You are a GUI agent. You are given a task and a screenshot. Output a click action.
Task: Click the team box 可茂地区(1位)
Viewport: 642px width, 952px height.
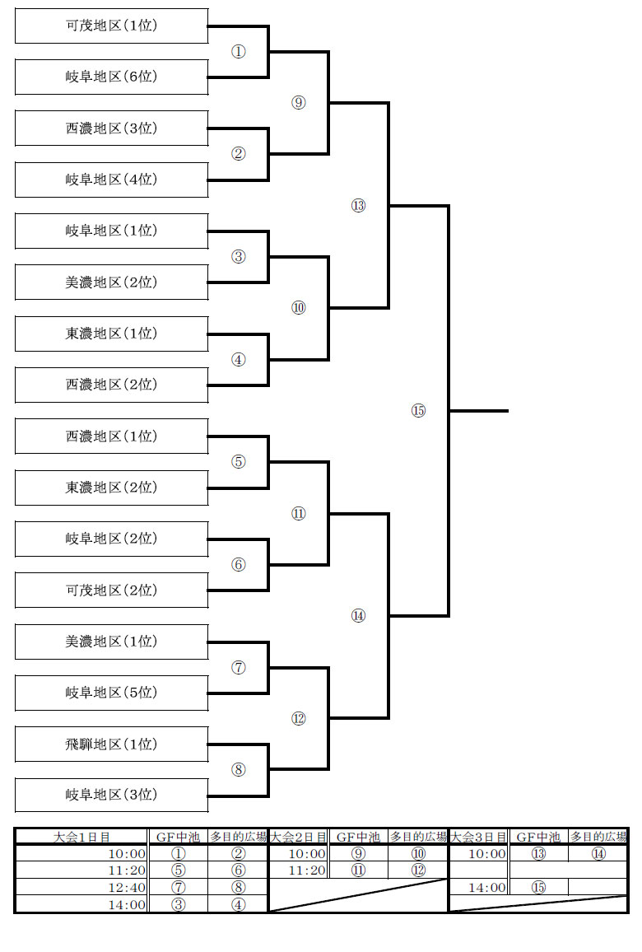(112, 26)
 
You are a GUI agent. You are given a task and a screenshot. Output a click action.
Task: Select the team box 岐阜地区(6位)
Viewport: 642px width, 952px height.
(112, 77)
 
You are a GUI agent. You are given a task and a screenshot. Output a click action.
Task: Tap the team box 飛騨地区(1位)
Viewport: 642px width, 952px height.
(112, 744)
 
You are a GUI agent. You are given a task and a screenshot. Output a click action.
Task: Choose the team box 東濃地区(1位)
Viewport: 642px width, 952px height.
(112, 334)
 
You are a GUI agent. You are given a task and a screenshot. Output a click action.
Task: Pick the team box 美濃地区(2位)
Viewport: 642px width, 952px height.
(112, 282)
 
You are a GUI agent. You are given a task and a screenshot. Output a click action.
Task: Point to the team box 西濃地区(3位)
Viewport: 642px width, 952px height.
(112, 128)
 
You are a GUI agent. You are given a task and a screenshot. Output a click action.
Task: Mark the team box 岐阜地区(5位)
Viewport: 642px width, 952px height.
(112, 693)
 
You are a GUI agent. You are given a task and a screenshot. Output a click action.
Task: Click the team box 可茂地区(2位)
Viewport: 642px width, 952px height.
(112, 590)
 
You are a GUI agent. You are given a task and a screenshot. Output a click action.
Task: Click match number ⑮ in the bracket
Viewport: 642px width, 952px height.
(419, 411)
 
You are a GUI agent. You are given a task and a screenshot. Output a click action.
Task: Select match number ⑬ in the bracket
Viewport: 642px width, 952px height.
(359, 206)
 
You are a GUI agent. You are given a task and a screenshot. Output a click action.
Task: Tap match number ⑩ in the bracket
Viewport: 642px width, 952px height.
(299, 308)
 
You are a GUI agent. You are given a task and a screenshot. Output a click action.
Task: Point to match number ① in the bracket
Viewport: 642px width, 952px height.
(239, 52)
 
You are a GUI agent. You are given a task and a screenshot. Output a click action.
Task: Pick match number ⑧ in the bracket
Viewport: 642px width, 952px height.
(239, 770)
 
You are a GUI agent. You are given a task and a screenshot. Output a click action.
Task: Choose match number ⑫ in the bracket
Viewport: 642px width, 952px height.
(299, 719)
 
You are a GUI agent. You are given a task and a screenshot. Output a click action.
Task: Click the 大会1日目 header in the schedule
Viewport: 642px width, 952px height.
(82, 838)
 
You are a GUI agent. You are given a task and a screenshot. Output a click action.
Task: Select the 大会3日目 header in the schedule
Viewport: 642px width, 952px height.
(479, 838)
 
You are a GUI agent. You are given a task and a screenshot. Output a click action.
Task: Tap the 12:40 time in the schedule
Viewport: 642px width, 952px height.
(127, 888)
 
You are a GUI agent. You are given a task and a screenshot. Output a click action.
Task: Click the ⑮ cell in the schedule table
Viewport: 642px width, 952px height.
(539, 888)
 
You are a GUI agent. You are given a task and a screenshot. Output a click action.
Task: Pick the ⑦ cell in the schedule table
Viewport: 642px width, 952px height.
(179, 888)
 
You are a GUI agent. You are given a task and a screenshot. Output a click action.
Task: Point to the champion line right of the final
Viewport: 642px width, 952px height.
(479, 411)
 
